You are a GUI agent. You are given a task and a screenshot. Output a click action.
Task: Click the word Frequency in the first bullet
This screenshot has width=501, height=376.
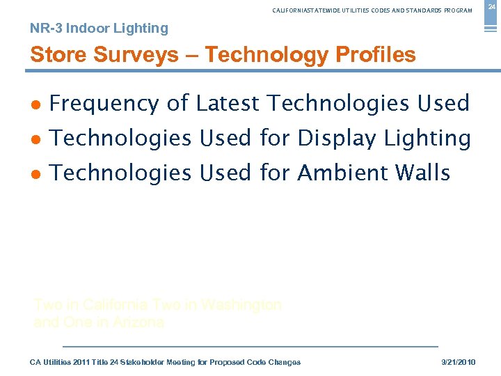tap(104, 104)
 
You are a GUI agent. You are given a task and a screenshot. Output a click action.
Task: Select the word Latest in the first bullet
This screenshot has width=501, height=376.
tap(228, 104)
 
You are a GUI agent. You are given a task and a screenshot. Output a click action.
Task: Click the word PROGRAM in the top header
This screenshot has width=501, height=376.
tap(456, 10)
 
